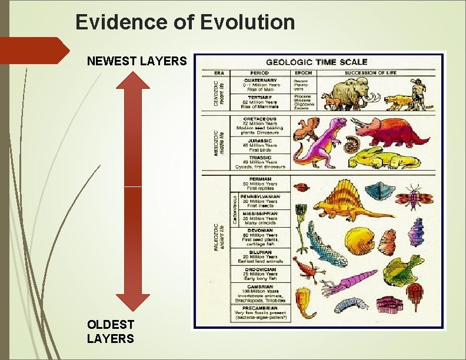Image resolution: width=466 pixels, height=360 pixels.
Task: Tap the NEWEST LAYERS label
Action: pos(137,61)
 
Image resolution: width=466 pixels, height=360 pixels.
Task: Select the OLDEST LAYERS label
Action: pos(111,331)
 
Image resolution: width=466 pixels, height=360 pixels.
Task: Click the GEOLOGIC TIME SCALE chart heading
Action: pos(317,62)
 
